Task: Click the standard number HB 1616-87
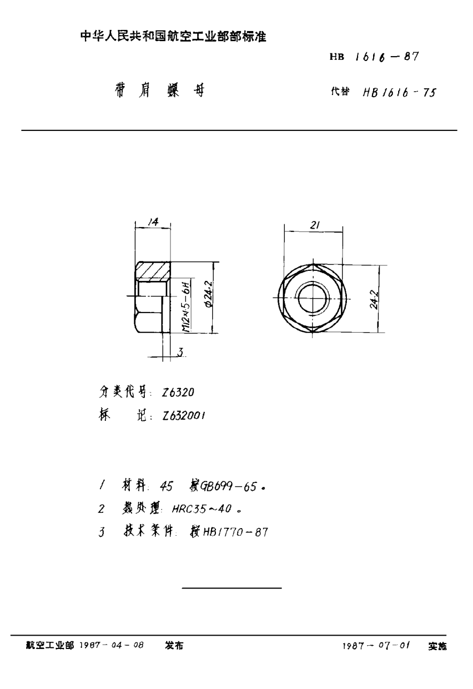(374, 57)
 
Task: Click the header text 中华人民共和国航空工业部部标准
(173, 37)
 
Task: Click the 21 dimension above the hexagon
(314, 225)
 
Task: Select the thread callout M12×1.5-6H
(185, 307)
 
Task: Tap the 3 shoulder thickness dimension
(181, 353)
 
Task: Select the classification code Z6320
(178, 392)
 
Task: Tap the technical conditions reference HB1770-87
(232, 532)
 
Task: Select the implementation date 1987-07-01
(376, 646)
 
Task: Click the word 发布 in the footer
(174, 645)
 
